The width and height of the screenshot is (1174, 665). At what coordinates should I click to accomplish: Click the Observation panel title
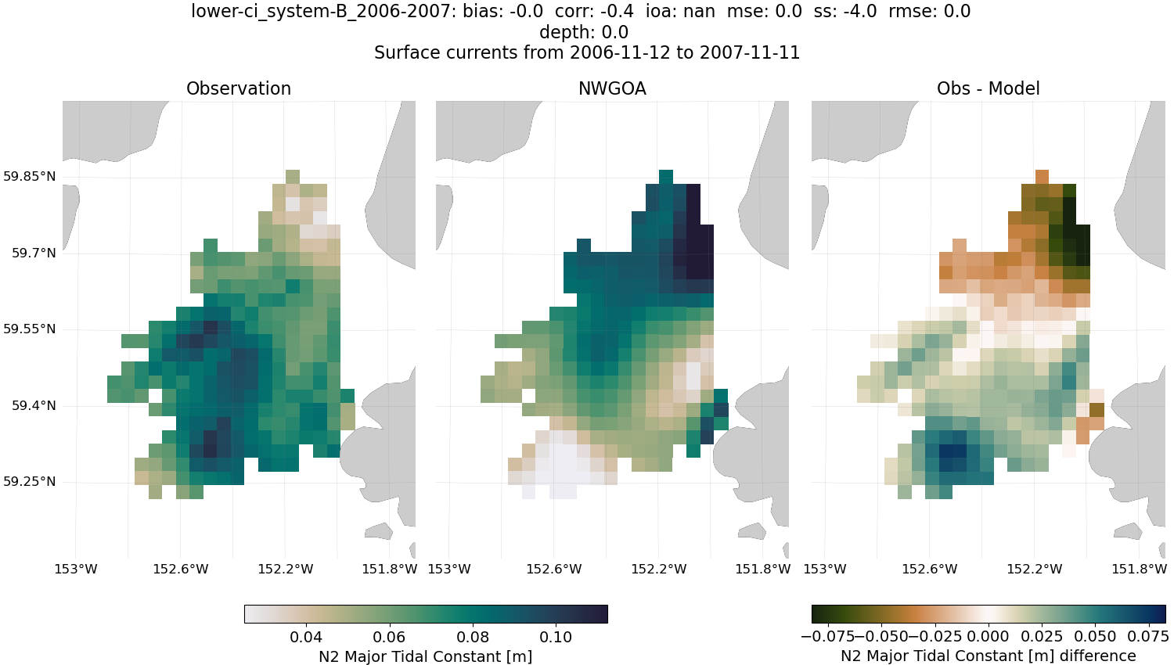pos(239,88)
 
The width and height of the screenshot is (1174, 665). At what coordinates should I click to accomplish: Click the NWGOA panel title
pos(612,88)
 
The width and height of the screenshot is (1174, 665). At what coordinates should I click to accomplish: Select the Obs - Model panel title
pos(988,88)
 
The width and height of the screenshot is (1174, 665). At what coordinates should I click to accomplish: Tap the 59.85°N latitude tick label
pos(30,176)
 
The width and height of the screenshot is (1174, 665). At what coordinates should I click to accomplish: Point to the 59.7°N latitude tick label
pos(34,253)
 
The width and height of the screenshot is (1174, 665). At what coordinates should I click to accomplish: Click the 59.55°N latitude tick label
pos(30,329)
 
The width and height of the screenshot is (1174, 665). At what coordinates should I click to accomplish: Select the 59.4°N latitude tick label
pos(34,405)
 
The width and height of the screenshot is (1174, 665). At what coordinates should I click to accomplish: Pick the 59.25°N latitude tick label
pos(30,481)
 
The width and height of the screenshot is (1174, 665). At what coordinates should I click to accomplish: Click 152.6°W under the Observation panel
pos(181,569)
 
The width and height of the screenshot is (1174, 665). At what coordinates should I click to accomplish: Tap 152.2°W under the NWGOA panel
pos(659,569)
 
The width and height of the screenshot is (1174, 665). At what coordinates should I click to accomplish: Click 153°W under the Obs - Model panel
pos(825,569)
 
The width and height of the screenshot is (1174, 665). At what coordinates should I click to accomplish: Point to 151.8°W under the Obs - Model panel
pos(1139,569)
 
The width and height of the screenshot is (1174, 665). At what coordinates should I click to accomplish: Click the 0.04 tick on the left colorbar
pos(306,637)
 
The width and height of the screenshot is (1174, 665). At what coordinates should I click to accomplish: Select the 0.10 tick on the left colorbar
pos(556,637)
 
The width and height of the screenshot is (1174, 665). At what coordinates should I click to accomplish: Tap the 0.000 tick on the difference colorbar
pos(989,637)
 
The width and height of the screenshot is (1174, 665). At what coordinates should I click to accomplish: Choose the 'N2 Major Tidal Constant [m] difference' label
pos(988,656)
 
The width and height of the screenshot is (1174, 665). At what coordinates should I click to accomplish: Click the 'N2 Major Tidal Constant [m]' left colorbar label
pos(425,656)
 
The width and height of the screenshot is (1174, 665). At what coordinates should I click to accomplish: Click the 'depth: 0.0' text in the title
pos(584,32)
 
